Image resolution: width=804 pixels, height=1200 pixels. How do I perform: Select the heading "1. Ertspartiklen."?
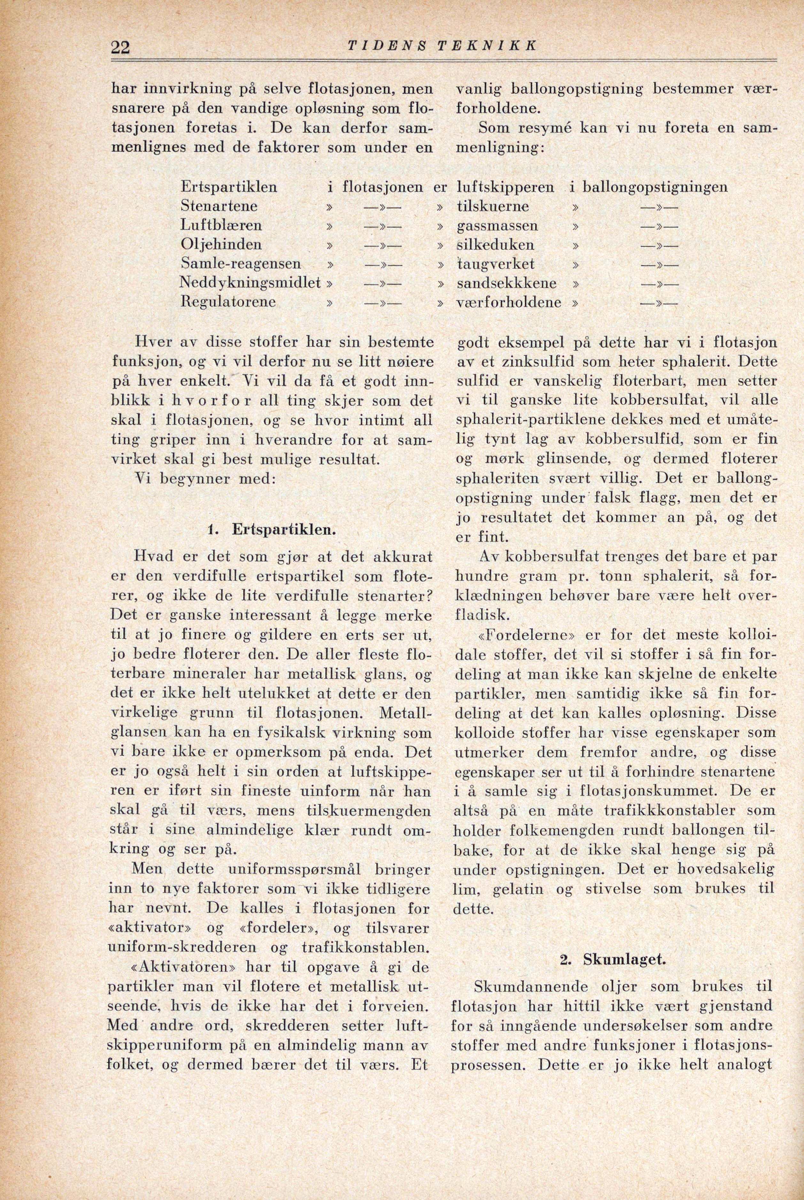pos(272,530)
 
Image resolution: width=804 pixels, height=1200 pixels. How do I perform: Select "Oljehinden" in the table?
pos(221,244)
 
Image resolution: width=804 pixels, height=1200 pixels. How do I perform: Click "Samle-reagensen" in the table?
pos(241,264)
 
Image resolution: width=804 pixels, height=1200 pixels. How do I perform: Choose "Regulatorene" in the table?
pos(229,302)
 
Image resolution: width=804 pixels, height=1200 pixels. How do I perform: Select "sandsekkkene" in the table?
pos(506,283)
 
